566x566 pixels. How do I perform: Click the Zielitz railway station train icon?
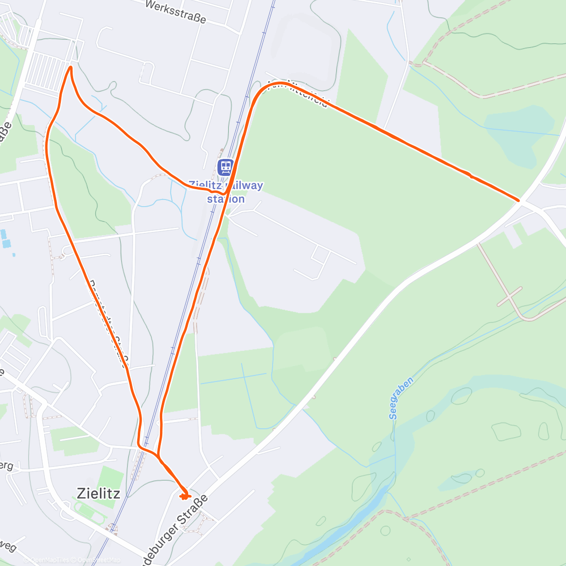pos(225,167)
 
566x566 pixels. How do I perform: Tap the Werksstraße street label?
pos(175,12)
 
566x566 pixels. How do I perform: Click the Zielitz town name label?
pos(98,493)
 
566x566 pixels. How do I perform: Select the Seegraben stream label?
pos(401,398)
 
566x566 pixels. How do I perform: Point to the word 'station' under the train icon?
pos(226,199)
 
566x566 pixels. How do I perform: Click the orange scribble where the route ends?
pos(184,495)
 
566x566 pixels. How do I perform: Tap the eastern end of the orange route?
pos(518,200)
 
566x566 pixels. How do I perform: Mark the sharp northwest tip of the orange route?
pos(71,67)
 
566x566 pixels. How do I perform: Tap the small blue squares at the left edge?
pos(5,239)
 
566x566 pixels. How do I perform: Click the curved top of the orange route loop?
pos(278,84)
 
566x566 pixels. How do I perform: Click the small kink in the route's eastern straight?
pos(470,176)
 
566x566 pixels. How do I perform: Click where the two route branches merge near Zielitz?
pos(158,456)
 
